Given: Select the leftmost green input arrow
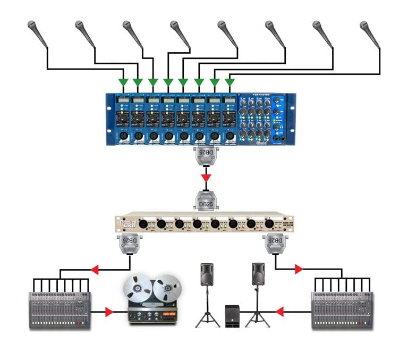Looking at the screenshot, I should (123, 82).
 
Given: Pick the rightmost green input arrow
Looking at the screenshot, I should (230, 82).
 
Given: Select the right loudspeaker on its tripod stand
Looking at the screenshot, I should (258, 274).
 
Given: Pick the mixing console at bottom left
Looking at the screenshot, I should (58, 308).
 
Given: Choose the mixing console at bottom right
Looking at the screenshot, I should (341, 308).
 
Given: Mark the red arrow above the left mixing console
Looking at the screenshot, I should (96, 271).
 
